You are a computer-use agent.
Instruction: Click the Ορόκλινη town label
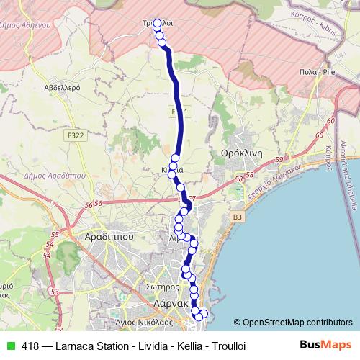[240, 154]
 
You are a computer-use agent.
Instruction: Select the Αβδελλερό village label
[62, 87]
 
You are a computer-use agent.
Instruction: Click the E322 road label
[74, 134]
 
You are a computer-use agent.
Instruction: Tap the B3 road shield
[238, 215]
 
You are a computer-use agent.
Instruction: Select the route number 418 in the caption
[30, 346]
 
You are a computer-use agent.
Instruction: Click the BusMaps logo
[325, 345]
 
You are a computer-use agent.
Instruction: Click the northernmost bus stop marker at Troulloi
[157, 22]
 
